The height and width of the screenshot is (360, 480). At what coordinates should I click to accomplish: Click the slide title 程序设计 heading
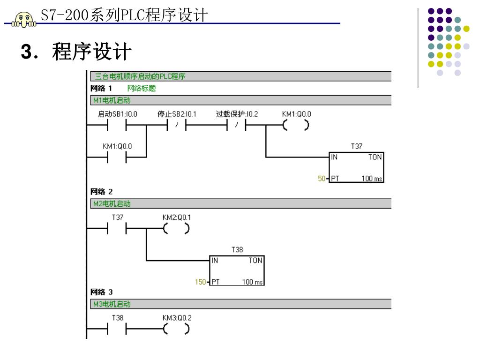[91, 52]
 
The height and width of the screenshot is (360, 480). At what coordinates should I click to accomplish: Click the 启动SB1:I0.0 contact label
[117, 114]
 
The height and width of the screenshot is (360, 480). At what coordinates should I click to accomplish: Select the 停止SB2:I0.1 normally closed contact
[177, 126]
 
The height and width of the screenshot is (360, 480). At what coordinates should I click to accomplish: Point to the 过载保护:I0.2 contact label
[237, 114]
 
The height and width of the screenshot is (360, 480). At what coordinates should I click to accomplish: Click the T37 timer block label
[356, 146]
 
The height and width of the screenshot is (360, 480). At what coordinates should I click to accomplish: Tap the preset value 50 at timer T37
[322, 178]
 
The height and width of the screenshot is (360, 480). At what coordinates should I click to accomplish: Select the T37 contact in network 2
[117, 229]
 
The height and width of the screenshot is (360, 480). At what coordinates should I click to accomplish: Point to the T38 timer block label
[237, 250]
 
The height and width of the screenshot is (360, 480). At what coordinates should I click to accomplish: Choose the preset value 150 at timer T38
[200, 282]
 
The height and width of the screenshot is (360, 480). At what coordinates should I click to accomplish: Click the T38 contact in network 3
[117, 330]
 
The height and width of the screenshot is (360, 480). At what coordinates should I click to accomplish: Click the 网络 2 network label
[101, 192]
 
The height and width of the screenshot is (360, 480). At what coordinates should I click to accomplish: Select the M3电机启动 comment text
[112, 304]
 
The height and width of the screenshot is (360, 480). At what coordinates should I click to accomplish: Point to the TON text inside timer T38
[255, 261]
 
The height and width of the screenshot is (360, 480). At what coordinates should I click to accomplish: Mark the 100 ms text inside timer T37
[372, 179]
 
